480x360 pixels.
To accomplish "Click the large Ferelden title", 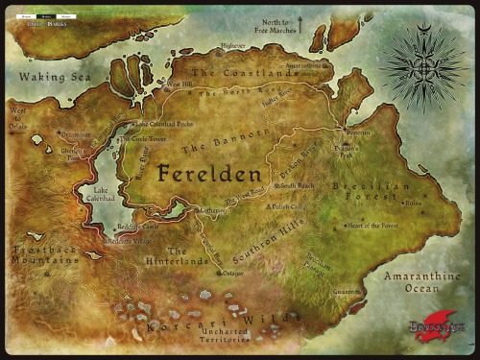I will tap(208, 175).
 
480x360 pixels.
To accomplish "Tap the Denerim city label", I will tap(357, 132).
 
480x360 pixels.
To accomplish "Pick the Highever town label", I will tap(233, 44).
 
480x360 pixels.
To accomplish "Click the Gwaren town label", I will tap(347, 292).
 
